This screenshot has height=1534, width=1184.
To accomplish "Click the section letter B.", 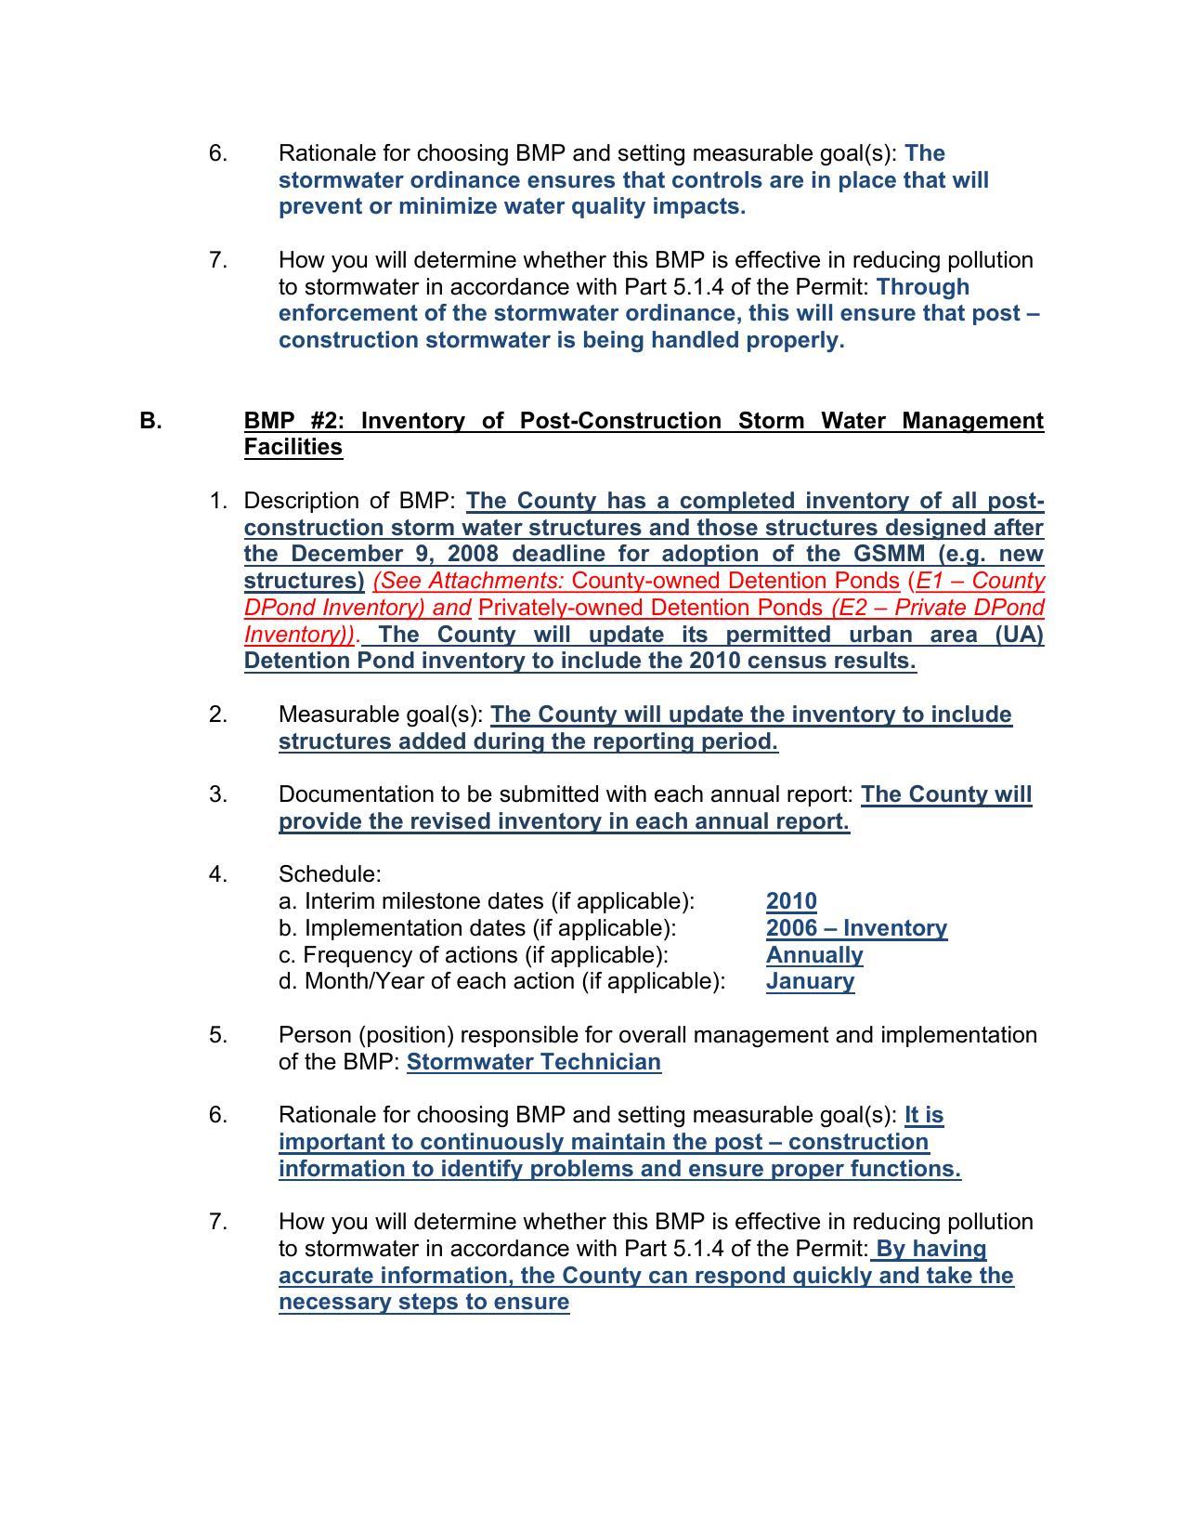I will [150, 421].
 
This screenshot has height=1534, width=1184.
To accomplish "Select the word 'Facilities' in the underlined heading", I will [293, 447].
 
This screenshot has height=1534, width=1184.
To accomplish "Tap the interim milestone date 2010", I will [791, 901].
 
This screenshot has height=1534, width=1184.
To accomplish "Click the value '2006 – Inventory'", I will [856, 928].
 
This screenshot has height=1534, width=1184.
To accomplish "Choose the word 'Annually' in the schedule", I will [814, 955].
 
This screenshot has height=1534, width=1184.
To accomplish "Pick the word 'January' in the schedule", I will [810, 981].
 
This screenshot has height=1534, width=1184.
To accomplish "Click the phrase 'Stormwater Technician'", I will [534, 1062].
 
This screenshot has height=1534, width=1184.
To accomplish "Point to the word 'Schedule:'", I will [330, 874].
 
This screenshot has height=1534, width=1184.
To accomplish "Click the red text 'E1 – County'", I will [980, 581].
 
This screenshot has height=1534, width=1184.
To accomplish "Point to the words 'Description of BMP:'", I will [349, 501].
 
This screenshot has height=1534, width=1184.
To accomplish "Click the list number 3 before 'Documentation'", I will [217, 794].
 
